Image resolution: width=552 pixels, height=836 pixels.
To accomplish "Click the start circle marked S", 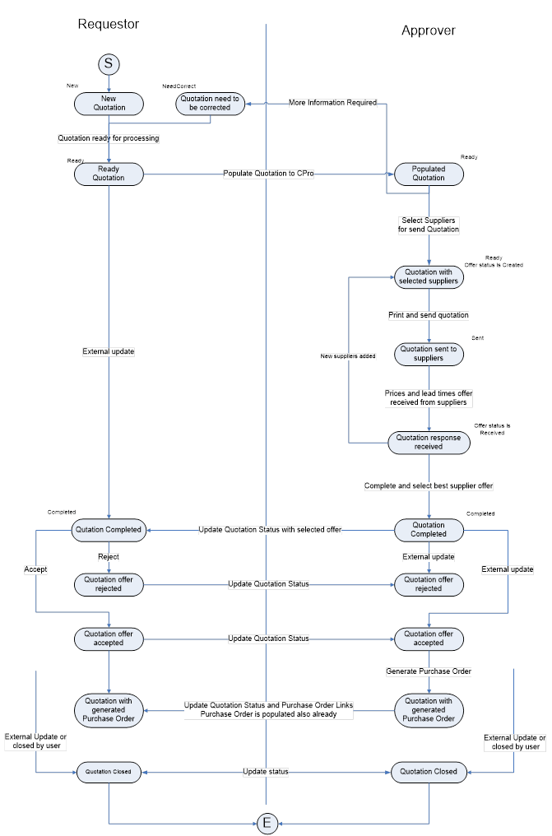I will tap(109, 63).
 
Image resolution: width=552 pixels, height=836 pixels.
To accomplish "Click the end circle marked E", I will tap(267, 823).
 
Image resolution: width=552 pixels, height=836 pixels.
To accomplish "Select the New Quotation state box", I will tap(109, 103).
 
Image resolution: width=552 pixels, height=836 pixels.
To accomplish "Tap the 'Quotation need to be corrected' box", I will tap(210, 103).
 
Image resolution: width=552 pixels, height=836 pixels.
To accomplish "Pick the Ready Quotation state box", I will tap(109, 174).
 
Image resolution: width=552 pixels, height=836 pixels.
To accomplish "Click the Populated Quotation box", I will tap(429, 174).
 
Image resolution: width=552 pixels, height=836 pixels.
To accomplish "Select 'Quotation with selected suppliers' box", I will tap(429, 277).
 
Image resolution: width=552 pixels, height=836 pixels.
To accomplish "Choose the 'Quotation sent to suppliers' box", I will tap(429, 354).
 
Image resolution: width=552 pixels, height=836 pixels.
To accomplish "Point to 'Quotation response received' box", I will tap(429, 442).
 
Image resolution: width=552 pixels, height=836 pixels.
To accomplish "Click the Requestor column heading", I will tap(109, 24).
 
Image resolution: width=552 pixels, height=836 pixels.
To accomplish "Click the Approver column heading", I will tap(429, 30).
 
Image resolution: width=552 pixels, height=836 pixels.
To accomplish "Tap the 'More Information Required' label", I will tap(332, 103).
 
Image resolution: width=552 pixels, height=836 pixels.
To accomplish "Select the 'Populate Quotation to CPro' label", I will tap(269, 174).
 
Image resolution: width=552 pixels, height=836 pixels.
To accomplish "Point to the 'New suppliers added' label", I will tap(348, 356).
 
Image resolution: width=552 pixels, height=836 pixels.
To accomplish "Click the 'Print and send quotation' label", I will tap(429, 315).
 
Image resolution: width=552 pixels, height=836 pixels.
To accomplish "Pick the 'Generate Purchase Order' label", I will tap(429, 671).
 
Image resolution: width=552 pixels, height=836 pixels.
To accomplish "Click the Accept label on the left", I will tap(35, 569).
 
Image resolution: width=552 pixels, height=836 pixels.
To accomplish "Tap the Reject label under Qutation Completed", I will tap(109, 557).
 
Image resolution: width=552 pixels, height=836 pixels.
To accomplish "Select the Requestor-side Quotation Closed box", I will tap(109, 772).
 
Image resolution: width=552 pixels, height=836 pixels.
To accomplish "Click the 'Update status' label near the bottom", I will tap(266, 772).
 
